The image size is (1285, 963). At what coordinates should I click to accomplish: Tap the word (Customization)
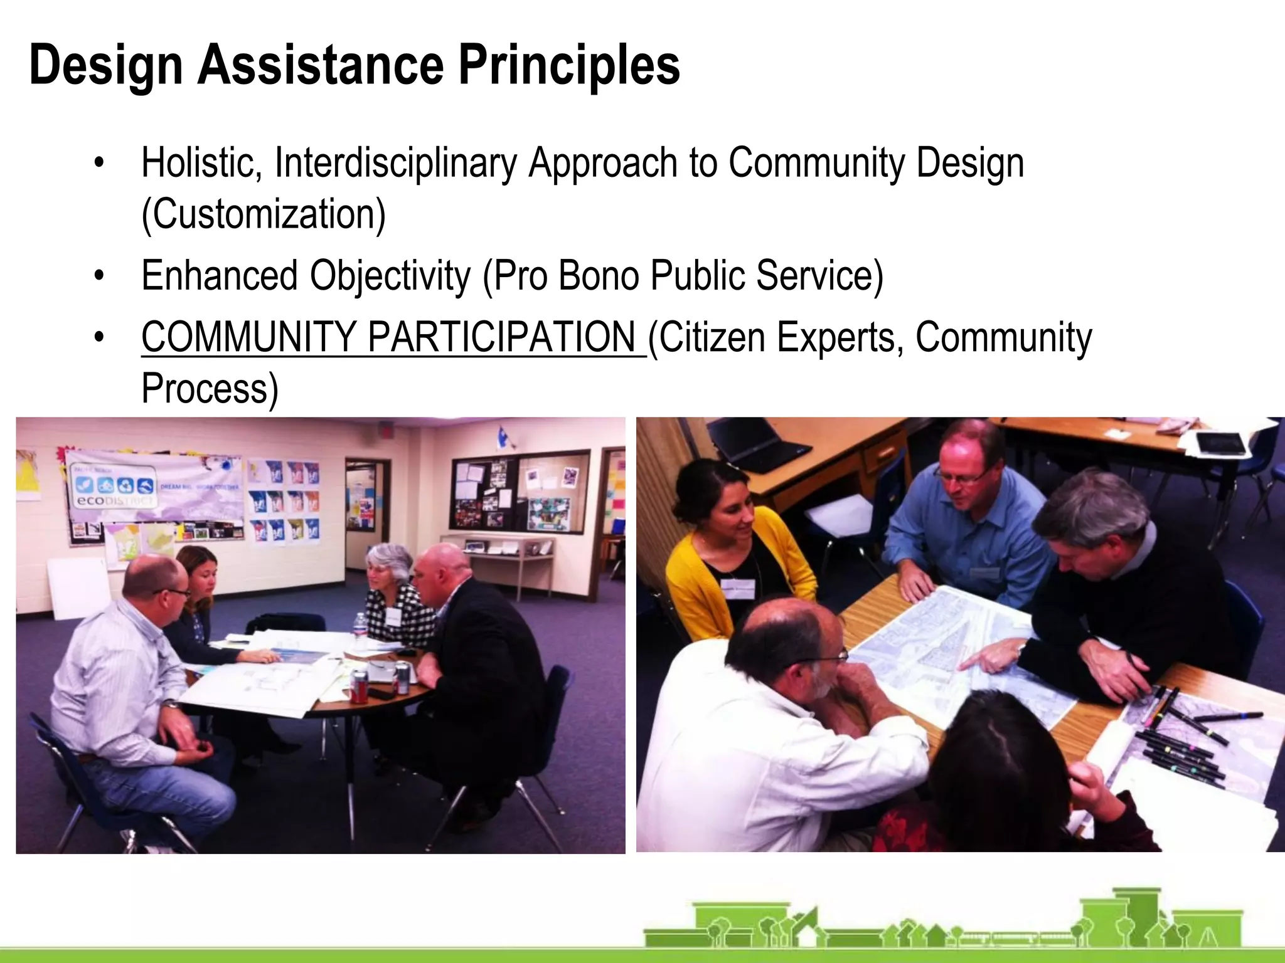264,214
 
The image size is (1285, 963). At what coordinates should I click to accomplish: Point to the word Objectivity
390,276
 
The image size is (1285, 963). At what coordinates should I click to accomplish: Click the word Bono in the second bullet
598,276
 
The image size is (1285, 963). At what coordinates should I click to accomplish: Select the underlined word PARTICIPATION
502,337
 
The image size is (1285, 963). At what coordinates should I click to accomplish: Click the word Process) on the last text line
210,389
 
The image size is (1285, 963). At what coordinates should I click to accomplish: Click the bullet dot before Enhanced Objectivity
99,276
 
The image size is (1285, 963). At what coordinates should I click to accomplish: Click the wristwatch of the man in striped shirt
171,705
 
